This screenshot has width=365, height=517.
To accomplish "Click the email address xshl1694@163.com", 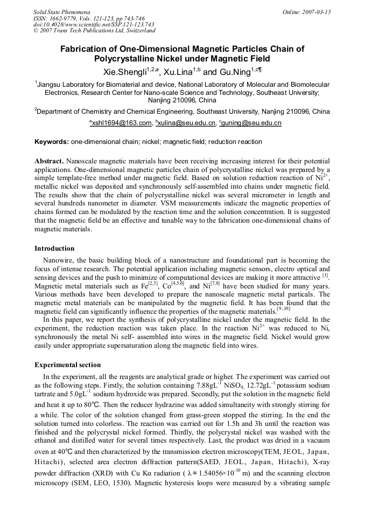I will point(122,123).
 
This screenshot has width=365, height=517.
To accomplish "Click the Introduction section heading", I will point(54,249).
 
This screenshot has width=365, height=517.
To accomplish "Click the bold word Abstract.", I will point(50,161).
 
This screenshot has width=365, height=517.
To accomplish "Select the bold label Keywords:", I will point(52,142).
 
